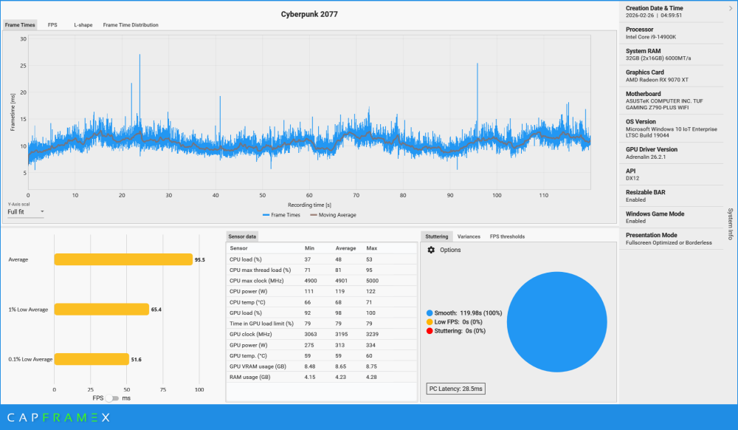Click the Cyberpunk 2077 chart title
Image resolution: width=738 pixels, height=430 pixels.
pos(309,14)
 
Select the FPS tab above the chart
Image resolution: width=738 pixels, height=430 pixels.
pos(52,25)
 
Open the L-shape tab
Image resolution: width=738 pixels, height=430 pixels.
pos(83,25)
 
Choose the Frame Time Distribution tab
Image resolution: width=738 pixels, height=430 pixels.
pos(131,25)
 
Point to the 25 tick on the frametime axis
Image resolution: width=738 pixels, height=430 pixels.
pos(24,66)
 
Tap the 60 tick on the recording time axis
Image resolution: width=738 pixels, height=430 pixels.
pos(309,195)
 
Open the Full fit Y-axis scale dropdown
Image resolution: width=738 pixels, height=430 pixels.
pos(25,212)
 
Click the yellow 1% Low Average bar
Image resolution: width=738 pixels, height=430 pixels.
pos(101,310)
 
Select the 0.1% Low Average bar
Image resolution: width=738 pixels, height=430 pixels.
pos(91,359)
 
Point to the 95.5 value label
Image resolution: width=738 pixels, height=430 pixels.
pos(199,260)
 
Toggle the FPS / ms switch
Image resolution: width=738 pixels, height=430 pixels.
pos(112,397)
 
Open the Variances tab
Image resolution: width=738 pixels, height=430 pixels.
pos(469,236)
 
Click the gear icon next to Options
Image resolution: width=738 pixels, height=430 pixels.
pos(431,250)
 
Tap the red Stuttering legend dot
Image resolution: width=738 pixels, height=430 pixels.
pos(430,331)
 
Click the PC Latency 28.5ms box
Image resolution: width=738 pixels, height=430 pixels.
pos(455,389)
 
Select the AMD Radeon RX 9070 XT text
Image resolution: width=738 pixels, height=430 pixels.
pos(656,79)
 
